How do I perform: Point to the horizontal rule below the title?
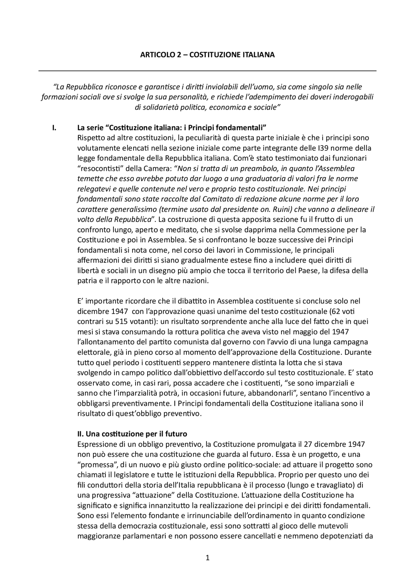207,71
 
